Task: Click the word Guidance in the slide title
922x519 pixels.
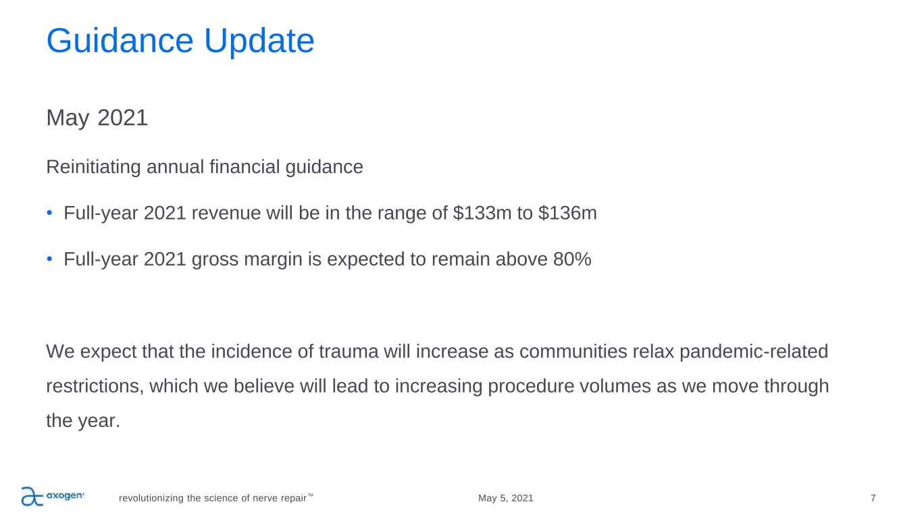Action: coord(120,41)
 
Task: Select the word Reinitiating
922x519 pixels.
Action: coord(93,168)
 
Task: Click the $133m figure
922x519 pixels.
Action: coord(482,213)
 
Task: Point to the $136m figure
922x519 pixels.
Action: coord(567,213)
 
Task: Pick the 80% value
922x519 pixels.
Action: coord(572,259)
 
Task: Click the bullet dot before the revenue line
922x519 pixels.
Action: coord(49,213)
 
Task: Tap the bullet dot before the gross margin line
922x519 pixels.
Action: coord(49,259)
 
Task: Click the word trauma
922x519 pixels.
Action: coord(349,352)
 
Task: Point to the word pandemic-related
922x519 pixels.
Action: coord(754,352)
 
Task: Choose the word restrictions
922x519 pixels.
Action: coord(95,387)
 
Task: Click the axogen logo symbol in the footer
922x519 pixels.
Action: coord(32,496)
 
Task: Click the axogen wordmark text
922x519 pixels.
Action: coord(65,495)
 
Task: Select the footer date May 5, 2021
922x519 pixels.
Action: coord(505,498)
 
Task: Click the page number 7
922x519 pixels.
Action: coord(873,498)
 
